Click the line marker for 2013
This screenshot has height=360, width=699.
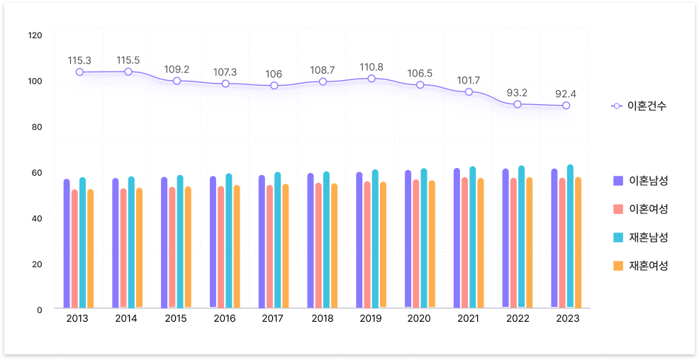79,72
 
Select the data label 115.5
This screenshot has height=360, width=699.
128,60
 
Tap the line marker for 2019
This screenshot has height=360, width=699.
371,79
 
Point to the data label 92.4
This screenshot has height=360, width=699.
566,94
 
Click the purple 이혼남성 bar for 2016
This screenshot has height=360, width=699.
213,242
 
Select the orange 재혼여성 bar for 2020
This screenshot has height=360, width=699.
432,244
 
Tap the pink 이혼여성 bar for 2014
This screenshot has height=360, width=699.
123,247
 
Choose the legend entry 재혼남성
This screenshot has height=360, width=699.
648,237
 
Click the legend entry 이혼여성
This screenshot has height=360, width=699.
648,208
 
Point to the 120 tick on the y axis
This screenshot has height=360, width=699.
35,35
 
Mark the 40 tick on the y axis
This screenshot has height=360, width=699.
35,218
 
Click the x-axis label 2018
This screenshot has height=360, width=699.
322,319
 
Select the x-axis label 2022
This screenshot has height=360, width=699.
518,319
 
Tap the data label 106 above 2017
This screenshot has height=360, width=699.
274,74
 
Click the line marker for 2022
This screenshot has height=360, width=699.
518,104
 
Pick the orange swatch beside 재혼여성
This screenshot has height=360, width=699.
617,266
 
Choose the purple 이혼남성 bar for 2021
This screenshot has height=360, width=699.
457,238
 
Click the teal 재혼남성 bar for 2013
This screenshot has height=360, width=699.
82,242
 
